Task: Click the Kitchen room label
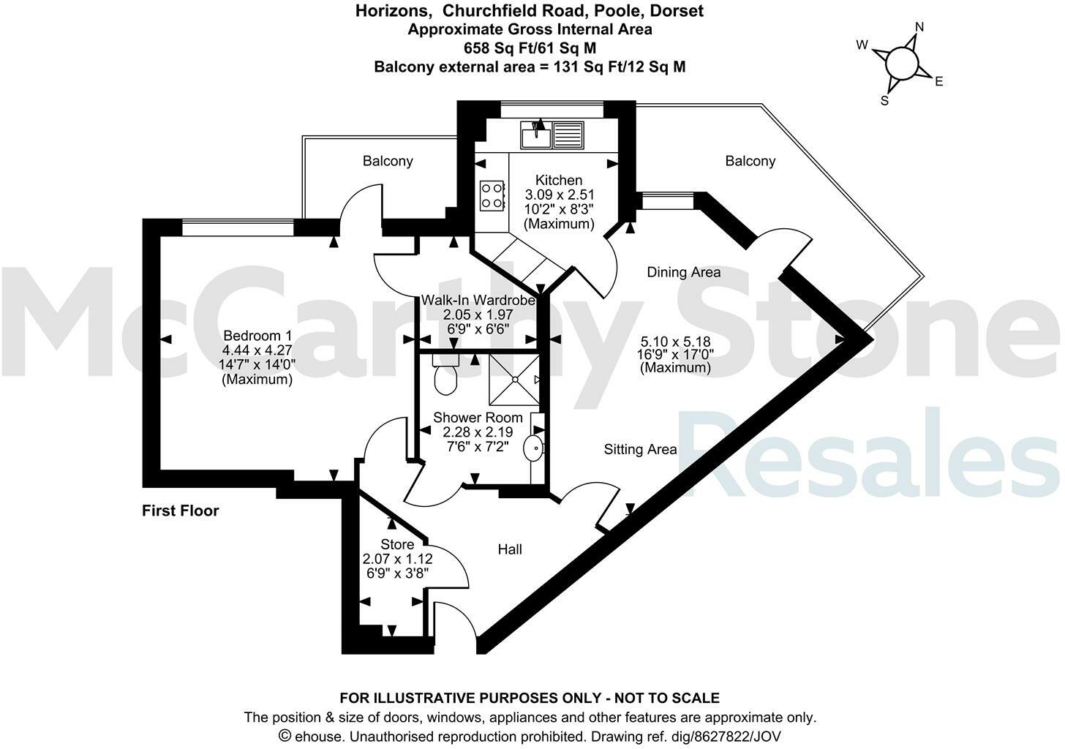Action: click(559, 180)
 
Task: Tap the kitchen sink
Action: click(536, 135)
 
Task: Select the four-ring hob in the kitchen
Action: click(492, 195)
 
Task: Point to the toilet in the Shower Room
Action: click(445, 377)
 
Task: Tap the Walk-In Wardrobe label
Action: click(478, 300)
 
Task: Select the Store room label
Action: click(397, 544)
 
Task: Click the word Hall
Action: click(510, 549)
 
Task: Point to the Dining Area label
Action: click(683, 272)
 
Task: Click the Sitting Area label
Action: click(640, 449)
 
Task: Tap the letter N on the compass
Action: click(919, 27)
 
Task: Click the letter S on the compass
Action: click(884, 101)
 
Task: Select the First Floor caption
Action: click(180, 511)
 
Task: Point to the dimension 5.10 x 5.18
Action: click(675, 342)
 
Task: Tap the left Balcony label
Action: click(388, 161)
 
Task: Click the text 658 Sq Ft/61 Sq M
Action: click(530, 48)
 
